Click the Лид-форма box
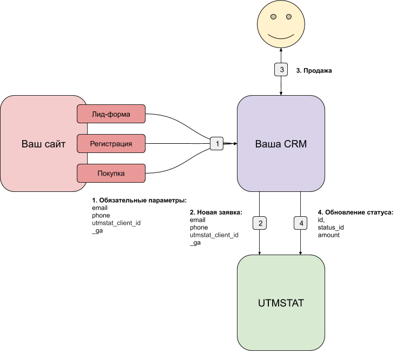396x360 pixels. coord(111,114)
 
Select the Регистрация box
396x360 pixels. coord(111,143)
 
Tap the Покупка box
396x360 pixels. coord(111,174)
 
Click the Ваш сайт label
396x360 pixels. coord(43,144)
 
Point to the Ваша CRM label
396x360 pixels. coord(281,144)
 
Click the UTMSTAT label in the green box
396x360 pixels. coord(281,303)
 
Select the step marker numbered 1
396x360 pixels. coord(217,143)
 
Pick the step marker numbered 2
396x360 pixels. coord(260,222)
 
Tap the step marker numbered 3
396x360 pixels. coord(281,70)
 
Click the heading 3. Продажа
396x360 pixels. coord(314,70)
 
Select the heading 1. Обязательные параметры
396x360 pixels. coord(139,200)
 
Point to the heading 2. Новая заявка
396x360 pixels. coord(216,212)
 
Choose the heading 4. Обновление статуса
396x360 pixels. coord(355,212)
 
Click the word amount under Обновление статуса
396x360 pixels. coord(329,235)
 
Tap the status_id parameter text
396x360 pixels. coord(331,228)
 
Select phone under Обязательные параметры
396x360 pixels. coord(101,215)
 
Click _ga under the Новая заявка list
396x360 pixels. coord(195,243)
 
